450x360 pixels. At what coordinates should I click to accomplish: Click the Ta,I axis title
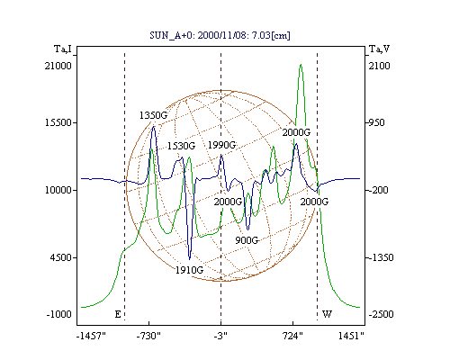[63, 49]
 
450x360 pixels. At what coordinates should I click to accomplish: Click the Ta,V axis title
[379, 49]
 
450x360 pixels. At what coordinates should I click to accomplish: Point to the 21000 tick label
[58, 66]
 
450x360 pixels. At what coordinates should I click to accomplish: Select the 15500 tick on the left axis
[58, 122]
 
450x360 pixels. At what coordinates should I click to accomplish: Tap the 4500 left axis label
[61, 257]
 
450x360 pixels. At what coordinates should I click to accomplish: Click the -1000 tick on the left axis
[59, 314]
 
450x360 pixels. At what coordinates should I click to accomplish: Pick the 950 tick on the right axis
[376, 122]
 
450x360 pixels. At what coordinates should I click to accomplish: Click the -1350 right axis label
[381, 257]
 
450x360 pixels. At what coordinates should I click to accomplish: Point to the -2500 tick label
[381, 314]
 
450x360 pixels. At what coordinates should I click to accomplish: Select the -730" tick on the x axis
[148, 336]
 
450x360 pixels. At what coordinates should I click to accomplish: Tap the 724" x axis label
[292, 336]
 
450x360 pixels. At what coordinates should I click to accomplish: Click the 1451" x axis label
[351, 336]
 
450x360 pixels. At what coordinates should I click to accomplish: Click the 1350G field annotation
[153, 115]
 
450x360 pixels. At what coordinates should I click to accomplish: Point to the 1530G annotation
[181, 146]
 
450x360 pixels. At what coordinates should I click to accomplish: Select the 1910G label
[189, 270]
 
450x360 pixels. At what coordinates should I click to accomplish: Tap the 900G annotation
[247, 240]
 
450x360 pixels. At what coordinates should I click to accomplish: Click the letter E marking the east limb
[118, 314]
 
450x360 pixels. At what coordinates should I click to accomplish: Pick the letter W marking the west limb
[327, 314]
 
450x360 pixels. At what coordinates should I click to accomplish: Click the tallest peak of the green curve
[301, 65]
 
